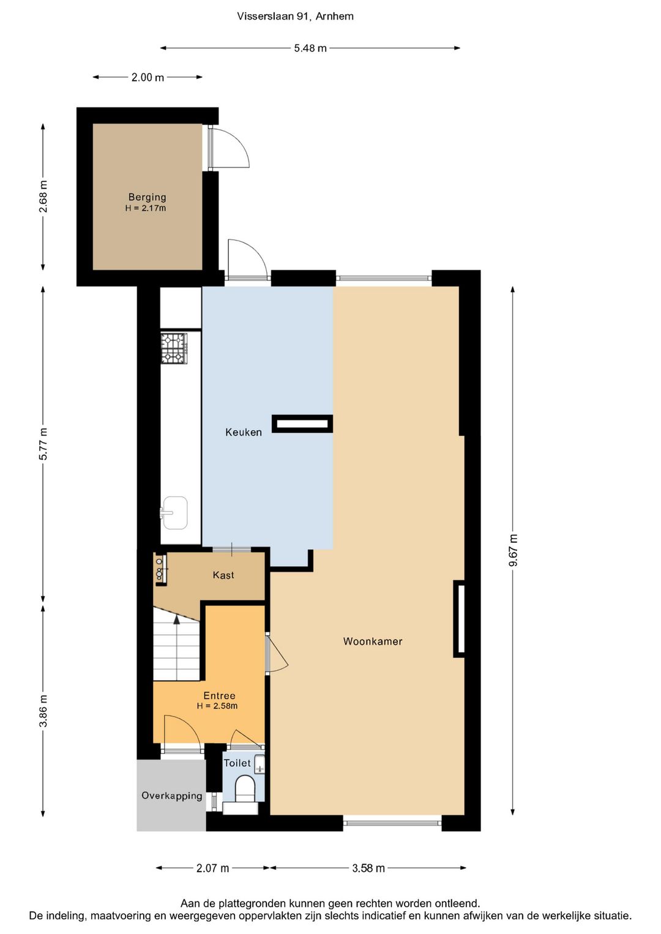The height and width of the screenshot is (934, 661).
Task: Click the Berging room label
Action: (x=147, y=197)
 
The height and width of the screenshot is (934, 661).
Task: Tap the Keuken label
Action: (x=244, y=432)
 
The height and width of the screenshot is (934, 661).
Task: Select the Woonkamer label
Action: (x=372, y=641)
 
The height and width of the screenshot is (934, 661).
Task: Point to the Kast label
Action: (x=223, y=575)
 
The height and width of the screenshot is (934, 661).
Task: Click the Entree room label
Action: (x=219, y=695)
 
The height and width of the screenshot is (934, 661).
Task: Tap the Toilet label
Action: (x=237, y=763)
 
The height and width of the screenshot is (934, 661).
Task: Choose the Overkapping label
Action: (x=172, y=796)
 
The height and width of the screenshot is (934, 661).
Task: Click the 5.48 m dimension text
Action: (x=310, y=48)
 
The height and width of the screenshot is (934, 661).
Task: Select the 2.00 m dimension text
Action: (x=148, y=78)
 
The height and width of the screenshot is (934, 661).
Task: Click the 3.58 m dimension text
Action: (x=368, y=868)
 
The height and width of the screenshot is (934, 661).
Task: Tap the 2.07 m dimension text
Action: (x=213, y=868)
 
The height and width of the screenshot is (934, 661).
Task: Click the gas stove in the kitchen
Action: (x=174, y=348)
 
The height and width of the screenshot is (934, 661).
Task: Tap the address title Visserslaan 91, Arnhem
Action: (x=295, y=17)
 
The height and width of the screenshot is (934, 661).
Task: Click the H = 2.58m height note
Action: (x=217, y=706)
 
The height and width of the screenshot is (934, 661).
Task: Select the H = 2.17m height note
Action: (x=146, y=208)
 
